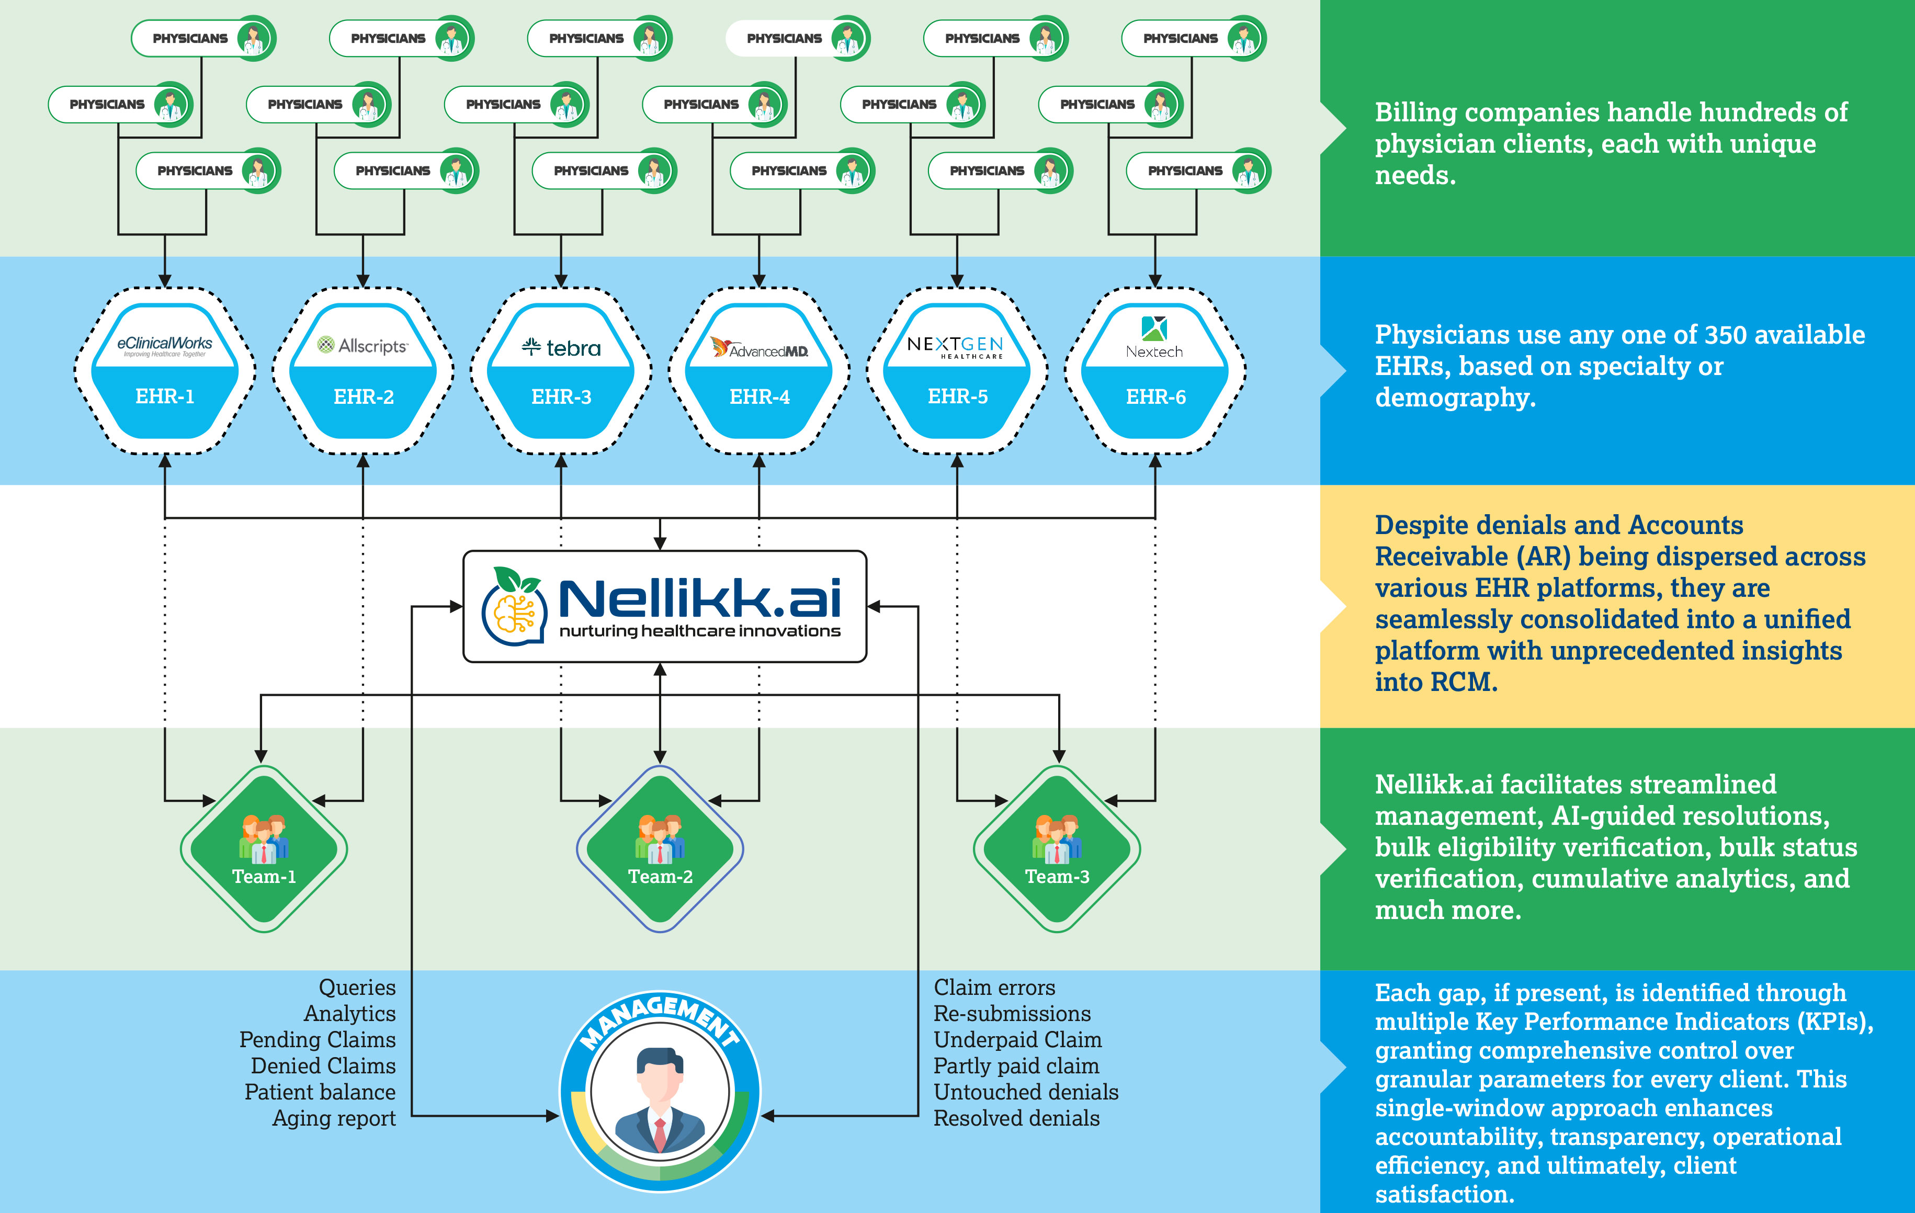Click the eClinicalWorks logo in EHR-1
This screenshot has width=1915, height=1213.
[x=165, y=345]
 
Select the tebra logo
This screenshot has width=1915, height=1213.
[x=561, y=348]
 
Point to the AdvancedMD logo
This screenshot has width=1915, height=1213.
[x=760, y=348]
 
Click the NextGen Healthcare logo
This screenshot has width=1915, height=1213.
[x=956, y=346]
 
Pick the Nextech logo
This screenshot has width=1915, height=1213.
[x=1154, y=337]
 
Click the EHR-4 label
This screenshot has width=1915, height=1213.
[x=760, y=397]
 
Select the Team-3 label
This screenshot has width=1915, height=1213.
[x=1057, y=877]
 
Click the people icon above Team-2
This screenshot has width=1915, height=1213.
[x=660, y=839]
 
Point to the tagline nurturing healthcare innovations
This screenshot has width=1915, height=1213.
[x=700, y=631]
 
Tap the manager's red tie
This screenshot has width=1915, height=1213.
[x=660, y=1133]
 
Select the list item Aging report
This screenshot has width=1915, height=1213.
[x=334, y=1118]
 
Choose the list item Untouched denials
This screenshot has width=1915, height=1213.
[x=1026, y=1092]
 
